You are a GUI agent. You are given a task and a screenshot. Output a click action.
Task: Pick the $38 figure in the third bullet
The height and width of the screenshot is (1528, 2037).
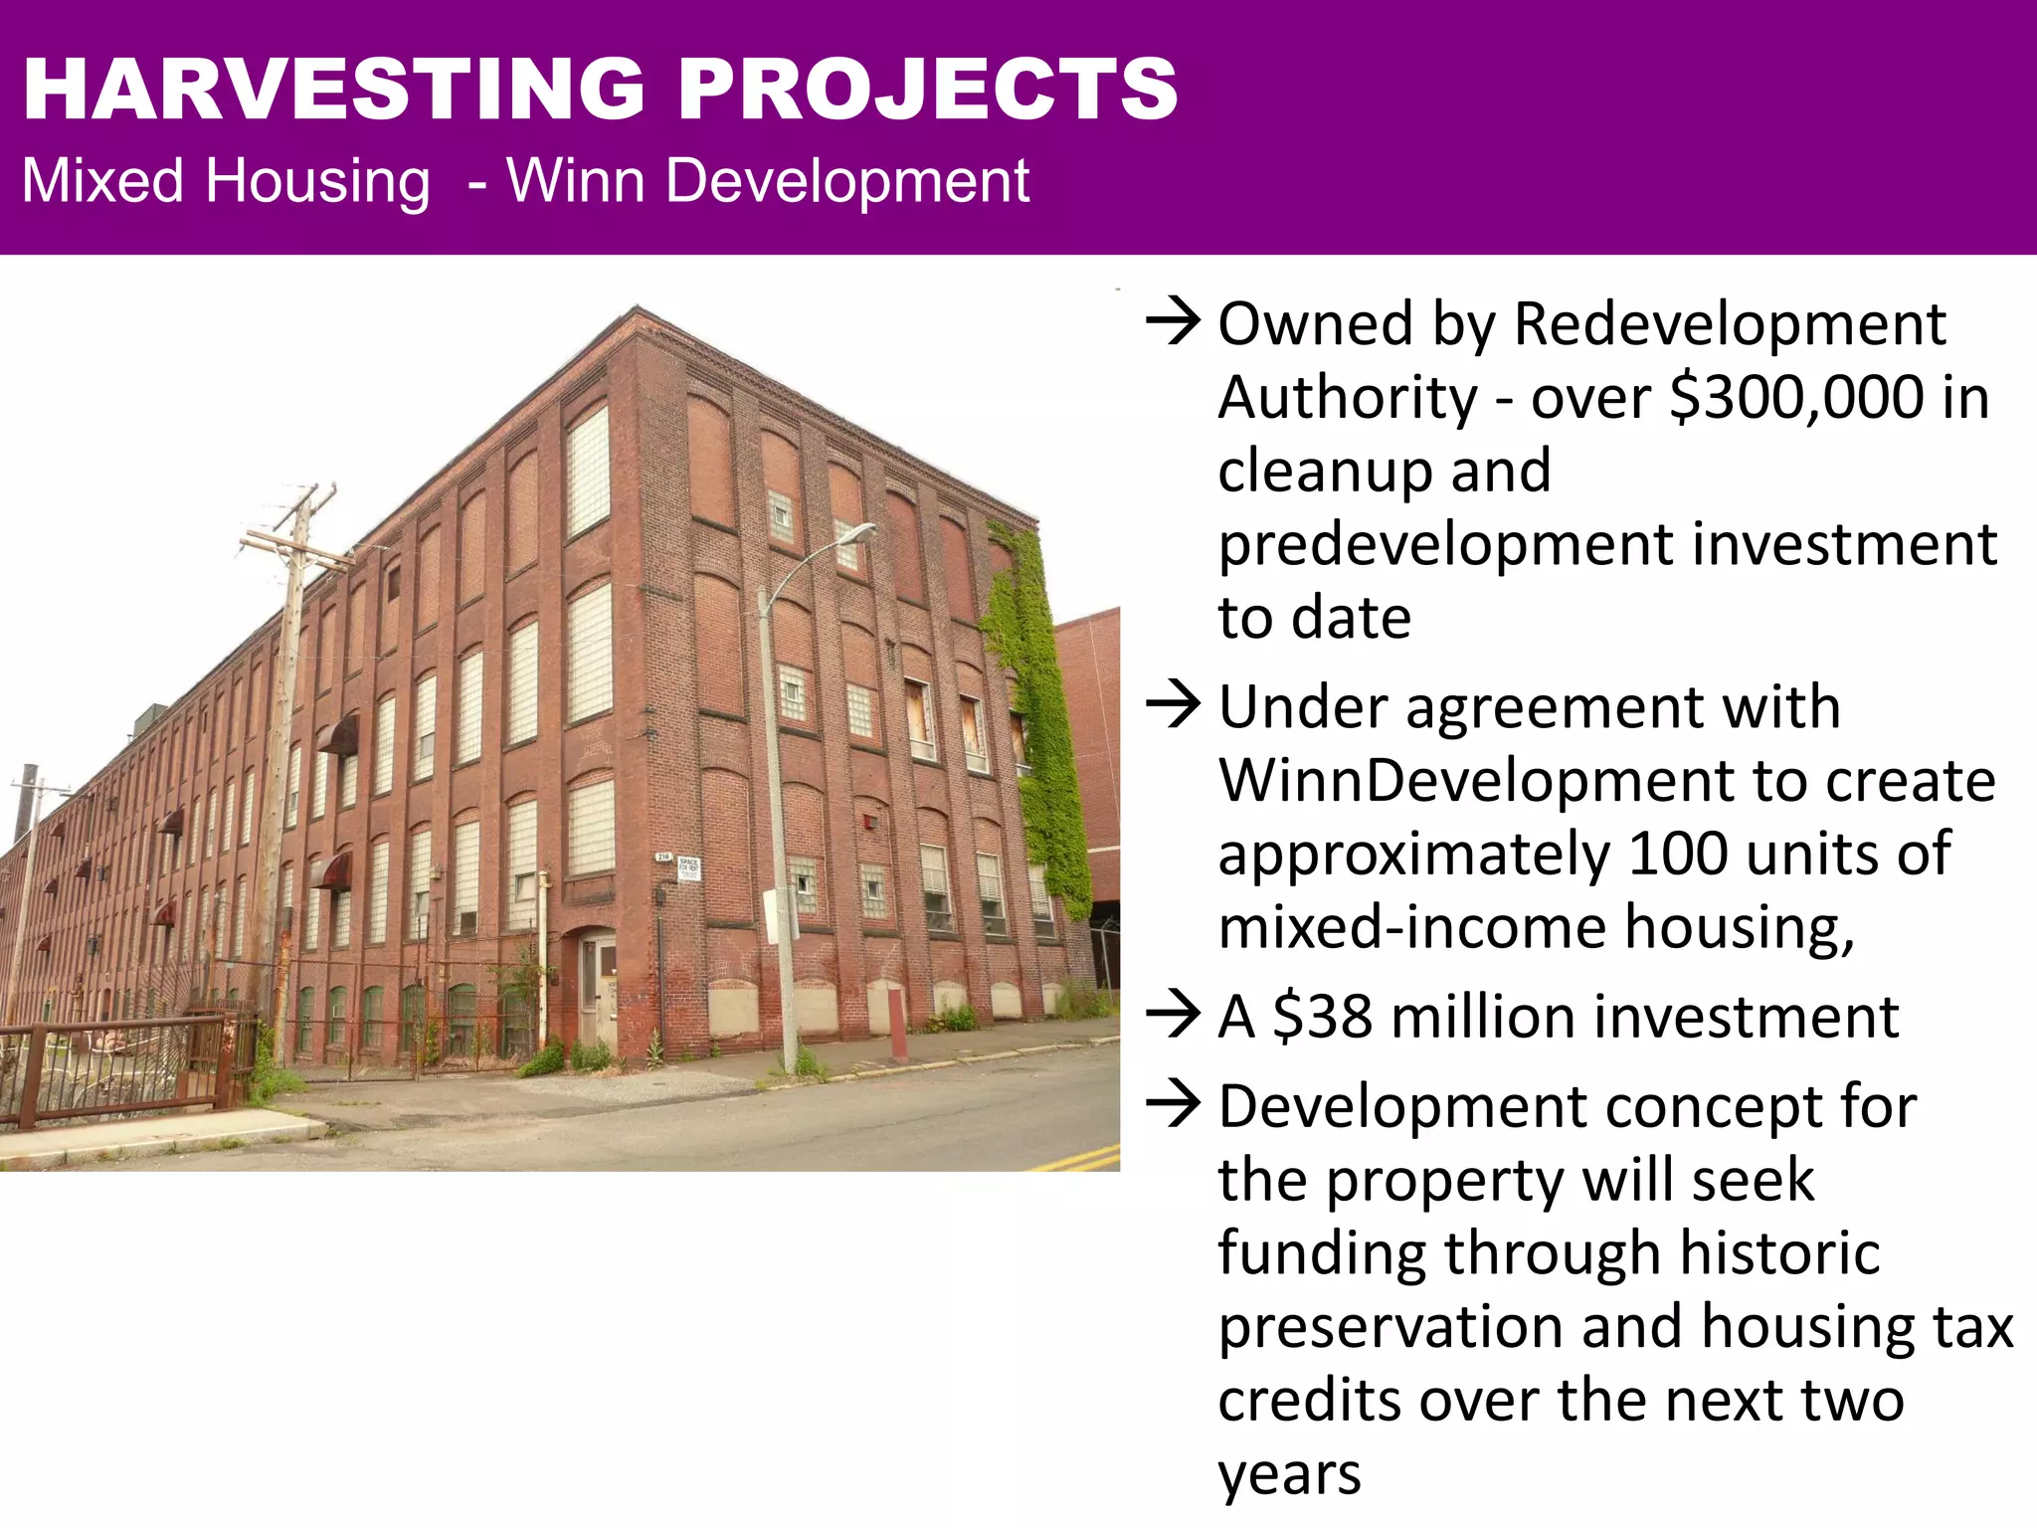[x=1322, y=1017]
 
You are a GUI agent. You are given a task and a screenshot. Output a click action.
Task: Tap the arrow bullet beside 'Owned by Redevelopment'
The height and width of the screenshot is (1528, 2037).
[x=1173, y=324]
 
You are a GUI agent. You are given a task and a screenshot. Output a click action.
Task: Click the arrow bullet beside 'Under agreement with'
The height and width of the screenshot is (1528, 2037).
[x=1173, y=706]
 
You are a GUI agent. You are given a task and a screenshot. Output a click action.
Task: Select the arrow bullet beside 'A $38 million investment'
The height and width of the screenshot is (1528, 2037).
[x=1173, y=1017]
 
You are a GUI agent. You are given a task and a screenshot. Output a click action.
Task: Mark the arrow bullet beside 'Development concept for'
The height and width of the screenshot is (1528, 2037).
[x=1173, y=1106]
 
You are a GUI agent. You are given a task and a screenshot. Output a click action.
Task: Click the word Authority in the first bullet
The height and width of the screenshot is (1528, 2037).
[x=1348, y=397]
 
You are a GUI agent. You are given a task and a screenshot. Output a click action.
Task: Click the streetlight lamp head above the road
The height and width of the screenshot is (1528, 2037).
[x=857, y=534]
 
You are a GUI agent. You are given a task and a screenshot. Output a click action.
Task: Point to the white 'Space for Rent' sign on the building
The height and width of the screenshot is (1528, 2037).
[x=688, y=866]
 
